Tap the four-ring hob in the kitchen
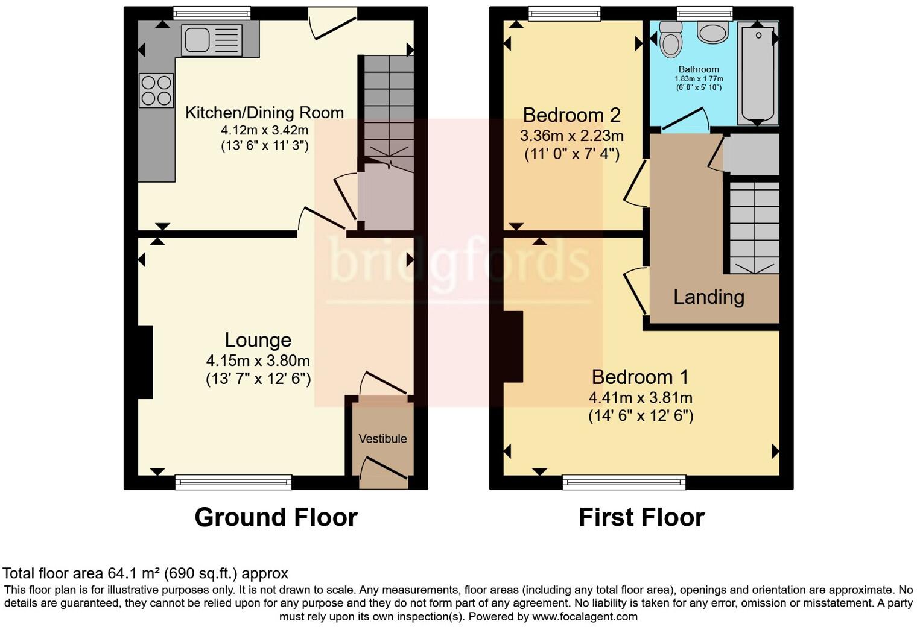click(156, 90)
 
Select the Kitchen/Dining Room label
click(264, 113)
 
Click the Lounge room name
click(258, 340)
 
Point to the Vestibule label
click(382, 439)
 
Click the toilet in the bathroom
click(670, 39)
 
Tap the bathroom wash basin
click(712, 33)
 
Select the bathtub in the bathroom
click(758, 72)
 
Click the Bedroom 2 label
click(571, 115)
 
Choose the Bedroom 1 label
click(640, 377)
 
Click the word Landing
click(708, 297)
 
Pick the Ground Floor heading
click(276, 517)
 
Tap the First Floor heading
click(641, 517)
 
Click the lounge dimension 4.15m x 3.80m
click(258, 361)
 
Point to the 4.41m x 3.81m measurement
click(640, 398)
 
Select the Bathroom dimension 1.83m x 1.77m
click(699, 79)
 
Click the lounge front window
click(233, 482)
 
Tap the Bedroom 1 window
click(624, 482)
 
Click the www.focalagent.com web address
click(585, 617)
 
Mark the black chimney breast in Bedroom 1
click(513, 347)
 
